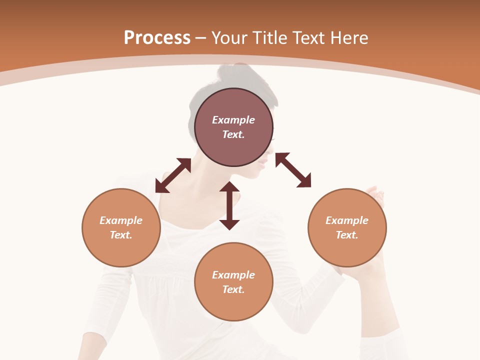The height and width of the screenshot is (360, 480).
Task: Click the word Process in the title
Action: click(157, 38)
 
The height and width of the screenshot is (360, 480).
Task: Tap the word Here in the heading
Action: click(348, 38)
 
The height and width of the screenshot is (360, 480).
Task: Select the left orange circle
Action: click(121, 227)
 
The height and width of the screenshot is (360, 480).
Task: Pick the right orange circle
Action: click(347, 227)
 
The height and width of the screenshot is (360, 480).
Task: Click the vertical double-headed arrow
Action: click(229, 205)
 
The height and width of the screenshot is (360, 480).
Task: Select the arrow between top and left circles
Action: click(173, 175)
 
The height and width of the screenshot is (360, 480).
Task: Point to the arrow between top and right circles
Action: click(293, 170)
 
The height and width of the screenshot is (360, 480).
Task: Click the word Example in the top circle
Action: click(233, 120)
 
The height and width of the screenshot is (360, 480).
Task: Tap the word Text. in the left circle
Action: click(121, 235)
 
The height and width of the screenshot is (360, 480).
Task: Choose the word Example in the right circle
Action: click(347, 220)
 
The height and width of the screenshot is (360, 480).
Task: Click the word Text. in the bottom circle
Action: click(233, 289)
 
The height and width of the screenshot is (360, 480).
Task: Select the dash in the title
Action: click(201, 38)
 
